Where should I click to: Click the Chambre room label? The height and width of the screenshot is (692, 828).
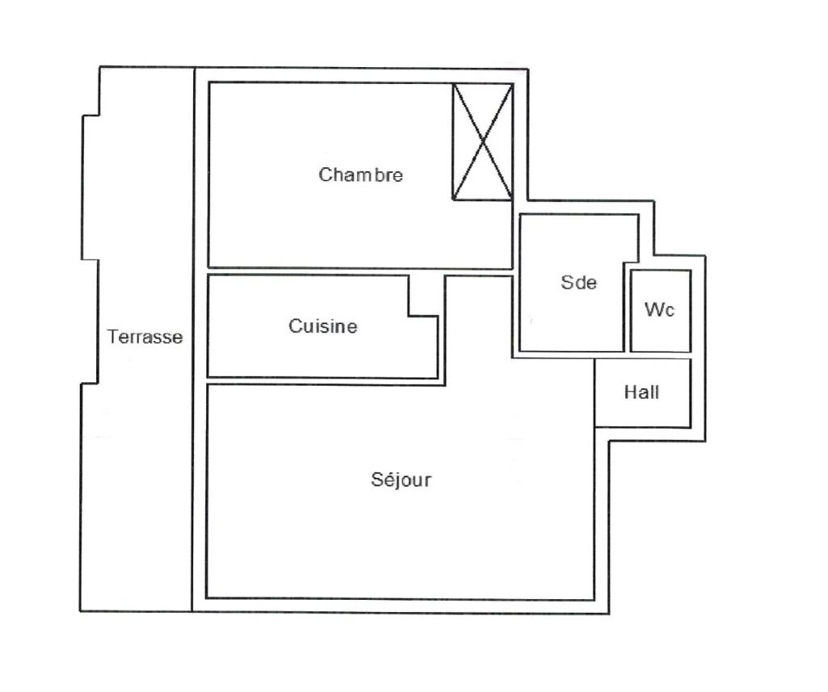point(361,175)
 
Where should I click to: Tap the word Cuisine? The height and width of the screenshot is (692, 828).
point(323,327)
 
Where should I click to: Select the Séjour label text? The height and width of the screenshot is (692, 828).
point(401,479)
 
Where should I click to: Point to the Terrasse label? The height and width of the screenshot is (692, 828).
point(145,337)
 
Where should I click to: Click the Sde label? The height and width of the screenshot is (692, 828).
point(578,282)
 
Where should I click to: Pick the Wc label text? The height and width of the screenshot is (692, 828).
point(659,310)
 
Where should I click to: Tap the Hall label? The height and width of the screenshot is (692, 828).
point(641,393)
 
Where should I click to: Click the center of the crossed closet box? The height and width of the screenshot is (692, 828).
point(482,141)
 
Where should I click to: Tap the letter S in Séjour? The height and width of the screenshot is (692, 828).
point(377,479)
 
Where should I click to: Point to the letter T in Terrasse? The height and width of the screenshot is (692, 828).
point(112,337)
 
